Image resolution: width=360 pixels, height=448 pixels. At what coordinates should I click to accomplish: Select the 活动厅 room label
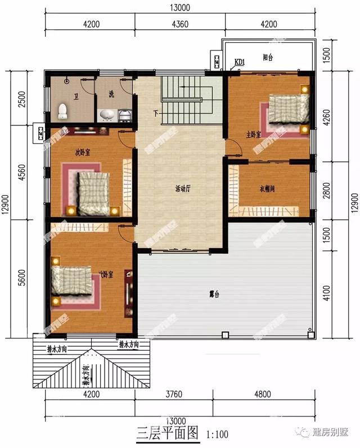[x=183, y=189]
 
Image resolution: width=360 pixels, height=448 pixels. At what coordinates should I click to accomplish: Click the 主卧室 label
[x=254, y=134]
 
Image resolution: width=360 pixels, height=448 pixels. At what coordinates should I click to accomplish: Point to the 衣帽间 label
[x=267, y=189]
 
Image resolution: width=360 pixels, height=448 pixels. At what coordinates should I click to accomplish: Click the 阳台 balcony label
[x=268, y=57]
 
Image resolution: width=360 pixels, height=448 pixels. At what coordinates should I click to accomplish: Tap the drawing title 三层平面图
[x=168, y=433]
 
